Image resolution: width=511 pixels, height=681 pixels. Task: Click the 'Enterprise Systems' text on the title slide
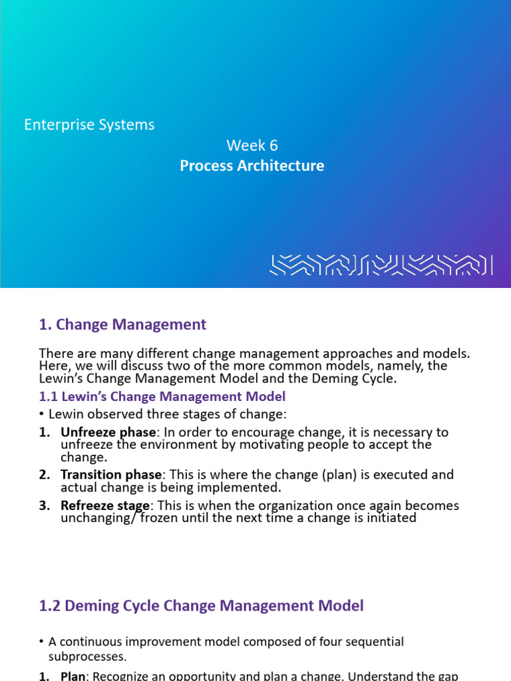click(x=89, y=125)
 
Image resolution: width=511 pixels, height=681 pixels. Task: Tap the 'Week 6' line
click(x=252, y=146)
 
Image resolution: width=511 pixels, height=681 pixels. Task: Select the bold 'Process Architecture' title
click(x=252, y=166)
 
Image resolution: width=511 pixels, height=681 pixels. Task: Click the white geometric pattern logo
click(x=381, y=264)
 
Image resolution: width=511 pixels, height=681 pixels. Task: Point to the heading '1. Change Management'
click(x=122, y=325)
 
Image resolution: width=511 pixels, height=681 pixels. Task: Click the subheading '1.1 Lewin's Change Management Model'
click(x=162, y=396)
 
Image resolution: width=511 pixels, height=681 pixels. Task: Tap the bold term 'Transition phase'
click(x=111, y=475)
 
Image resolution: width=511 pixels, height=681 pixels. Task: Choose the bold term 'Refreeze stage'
click(x=105, y=505)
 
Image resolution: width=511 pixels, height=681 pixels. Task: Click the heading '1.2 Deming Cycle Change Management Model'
click(x=202, y=606)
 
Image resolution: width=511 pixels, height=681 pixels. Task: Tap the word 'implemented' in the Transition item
click(x=227, y=487)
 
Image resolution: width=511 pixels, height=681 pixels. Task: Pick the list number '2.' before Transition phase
click(x=45, y=475)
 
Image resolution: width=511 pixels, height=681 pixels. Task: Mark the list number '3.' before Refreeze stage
click(x=45, y=505)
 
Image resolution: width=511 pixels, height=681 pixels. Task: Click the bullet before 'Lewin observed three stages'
click(x=42, y=414)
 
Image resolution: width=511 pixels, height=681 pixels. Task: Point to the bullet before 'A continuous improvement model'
click(x=42, y=642)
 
